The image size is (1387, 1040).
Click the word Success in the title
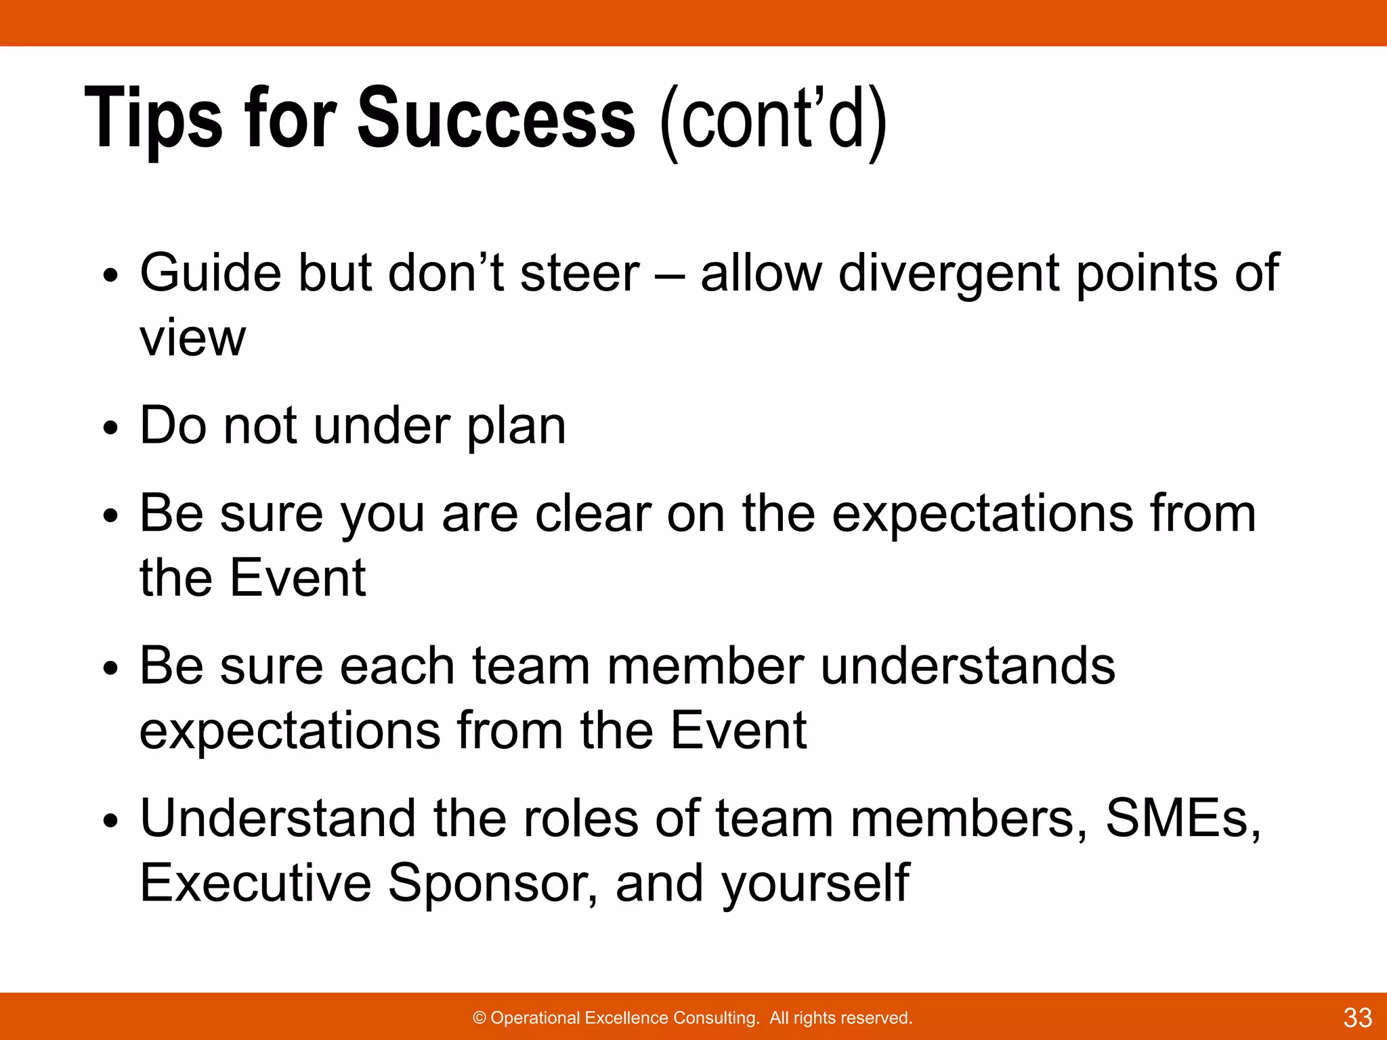[496, 119]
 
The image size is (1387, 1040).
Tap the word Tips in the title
[154, 119]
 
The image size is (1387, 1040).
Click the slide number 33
[1357, 1018]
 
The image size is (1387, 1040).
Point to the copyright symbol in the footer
[479, 1018]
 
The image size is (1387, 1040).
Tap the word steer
[579, 274]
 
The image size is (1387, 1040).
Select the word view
[192, 339]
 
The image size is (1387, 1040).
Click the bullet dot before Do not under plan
[110, 429]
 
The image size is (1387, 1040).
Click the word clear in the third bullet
[593, 514]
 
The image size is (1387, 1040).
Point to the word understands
[968, 666]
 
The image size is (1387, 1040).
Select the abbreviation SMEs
[1182, 819]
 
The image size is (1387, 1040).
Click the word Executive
[255, 883]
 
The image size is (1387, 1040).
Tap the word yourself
[815, 884]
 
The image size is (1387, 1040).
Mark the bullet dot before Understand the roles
[110, 822]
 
